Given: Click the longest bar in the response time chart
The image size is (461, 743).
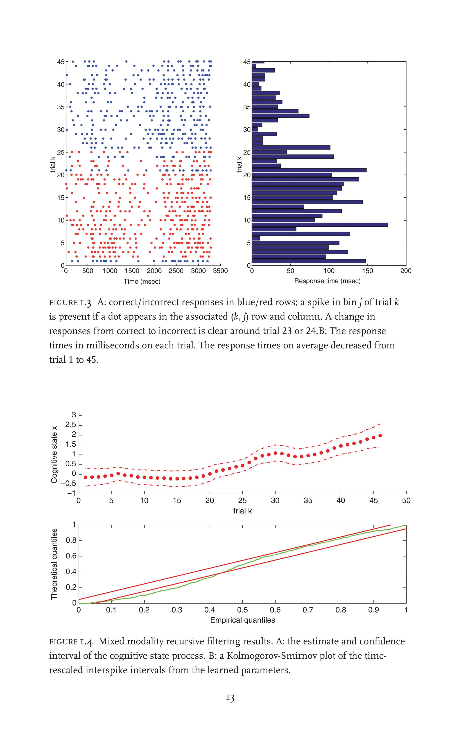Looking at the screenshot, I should (320, 225).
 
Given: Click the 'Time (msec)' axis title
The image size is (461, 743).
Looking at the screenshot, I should (142, 281).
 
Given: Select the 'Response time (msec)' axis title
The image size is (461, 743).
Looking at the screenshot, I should (327, 281).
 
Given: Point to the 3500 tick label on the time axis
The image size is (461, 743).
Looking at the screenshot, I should (220, 271).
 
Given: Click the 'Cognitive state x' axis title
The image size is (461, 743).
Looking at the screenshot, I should (54, 454).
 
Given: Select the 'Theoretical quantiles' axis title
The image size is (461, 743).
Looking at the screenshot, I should (54, 564).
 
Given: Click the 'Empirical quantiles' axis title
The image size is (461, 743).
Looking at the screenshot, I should (242, 620).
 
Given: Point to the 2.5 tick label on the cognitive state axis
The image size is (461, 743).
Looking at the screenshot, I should (70, 425).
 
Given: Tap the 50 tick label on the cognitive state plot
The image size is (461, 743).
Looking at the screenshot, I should (406, 500).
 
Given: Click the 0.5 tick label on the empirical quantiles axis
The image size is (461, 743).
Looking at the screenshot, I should (242, 610).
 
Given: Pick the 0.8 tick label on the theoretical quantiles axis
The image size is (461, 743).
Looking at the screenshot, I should (71, 541).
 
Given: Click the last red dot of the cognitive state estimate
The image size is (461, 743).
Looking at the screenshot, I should (380, 436).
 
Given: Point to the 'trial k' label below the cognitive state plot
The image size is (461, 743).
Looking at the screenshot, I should (242, 511).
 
